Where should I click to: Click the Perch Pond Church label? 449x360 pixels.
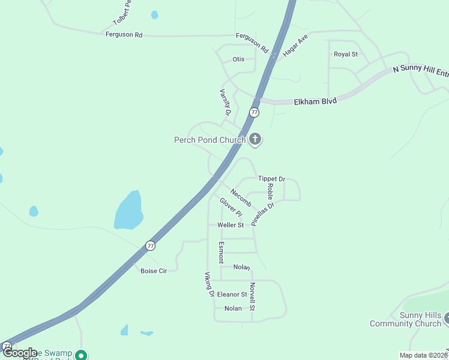tap(209, 140)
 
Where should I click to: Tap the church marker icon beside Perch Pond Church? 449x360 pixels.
tap(255, 140)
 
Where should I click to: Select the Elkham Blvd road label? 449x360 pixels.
tap(315, 101)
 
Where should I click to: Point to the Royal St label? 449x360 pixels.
tap(346, 55)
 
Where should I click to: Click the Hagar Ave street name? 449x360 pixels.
tap(295, 45)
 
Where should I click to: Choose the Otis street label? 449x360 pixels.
tap(238, 59)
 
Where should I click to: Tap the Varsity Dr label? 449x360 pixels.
tap(226, 102)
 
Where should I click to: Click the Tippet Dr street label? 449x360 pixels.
tap(271, 179)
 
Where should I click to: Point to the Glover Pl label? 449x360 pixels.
tap(231, 208)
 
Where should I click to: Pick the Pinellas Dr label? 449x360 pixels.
tap(262, 213)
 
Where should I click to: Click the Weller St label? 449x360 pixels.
tap(231, 225)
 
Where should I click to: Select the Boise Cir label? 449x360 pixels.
tap(154, 271)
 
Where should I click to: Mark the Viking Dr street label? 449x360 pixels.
tap(209, 284)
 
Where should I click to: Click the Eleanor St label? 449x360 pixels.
tap(232, 295)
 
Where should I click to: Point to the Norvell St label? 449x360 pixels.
tap(253, 296)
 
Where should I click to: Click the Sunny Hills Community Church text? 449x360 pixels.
tap(405, 320)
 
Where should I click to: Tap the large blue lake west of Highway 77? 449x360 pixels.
tap(129, 211)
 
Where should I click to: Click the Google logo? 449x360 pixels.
tap(20, 353)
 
